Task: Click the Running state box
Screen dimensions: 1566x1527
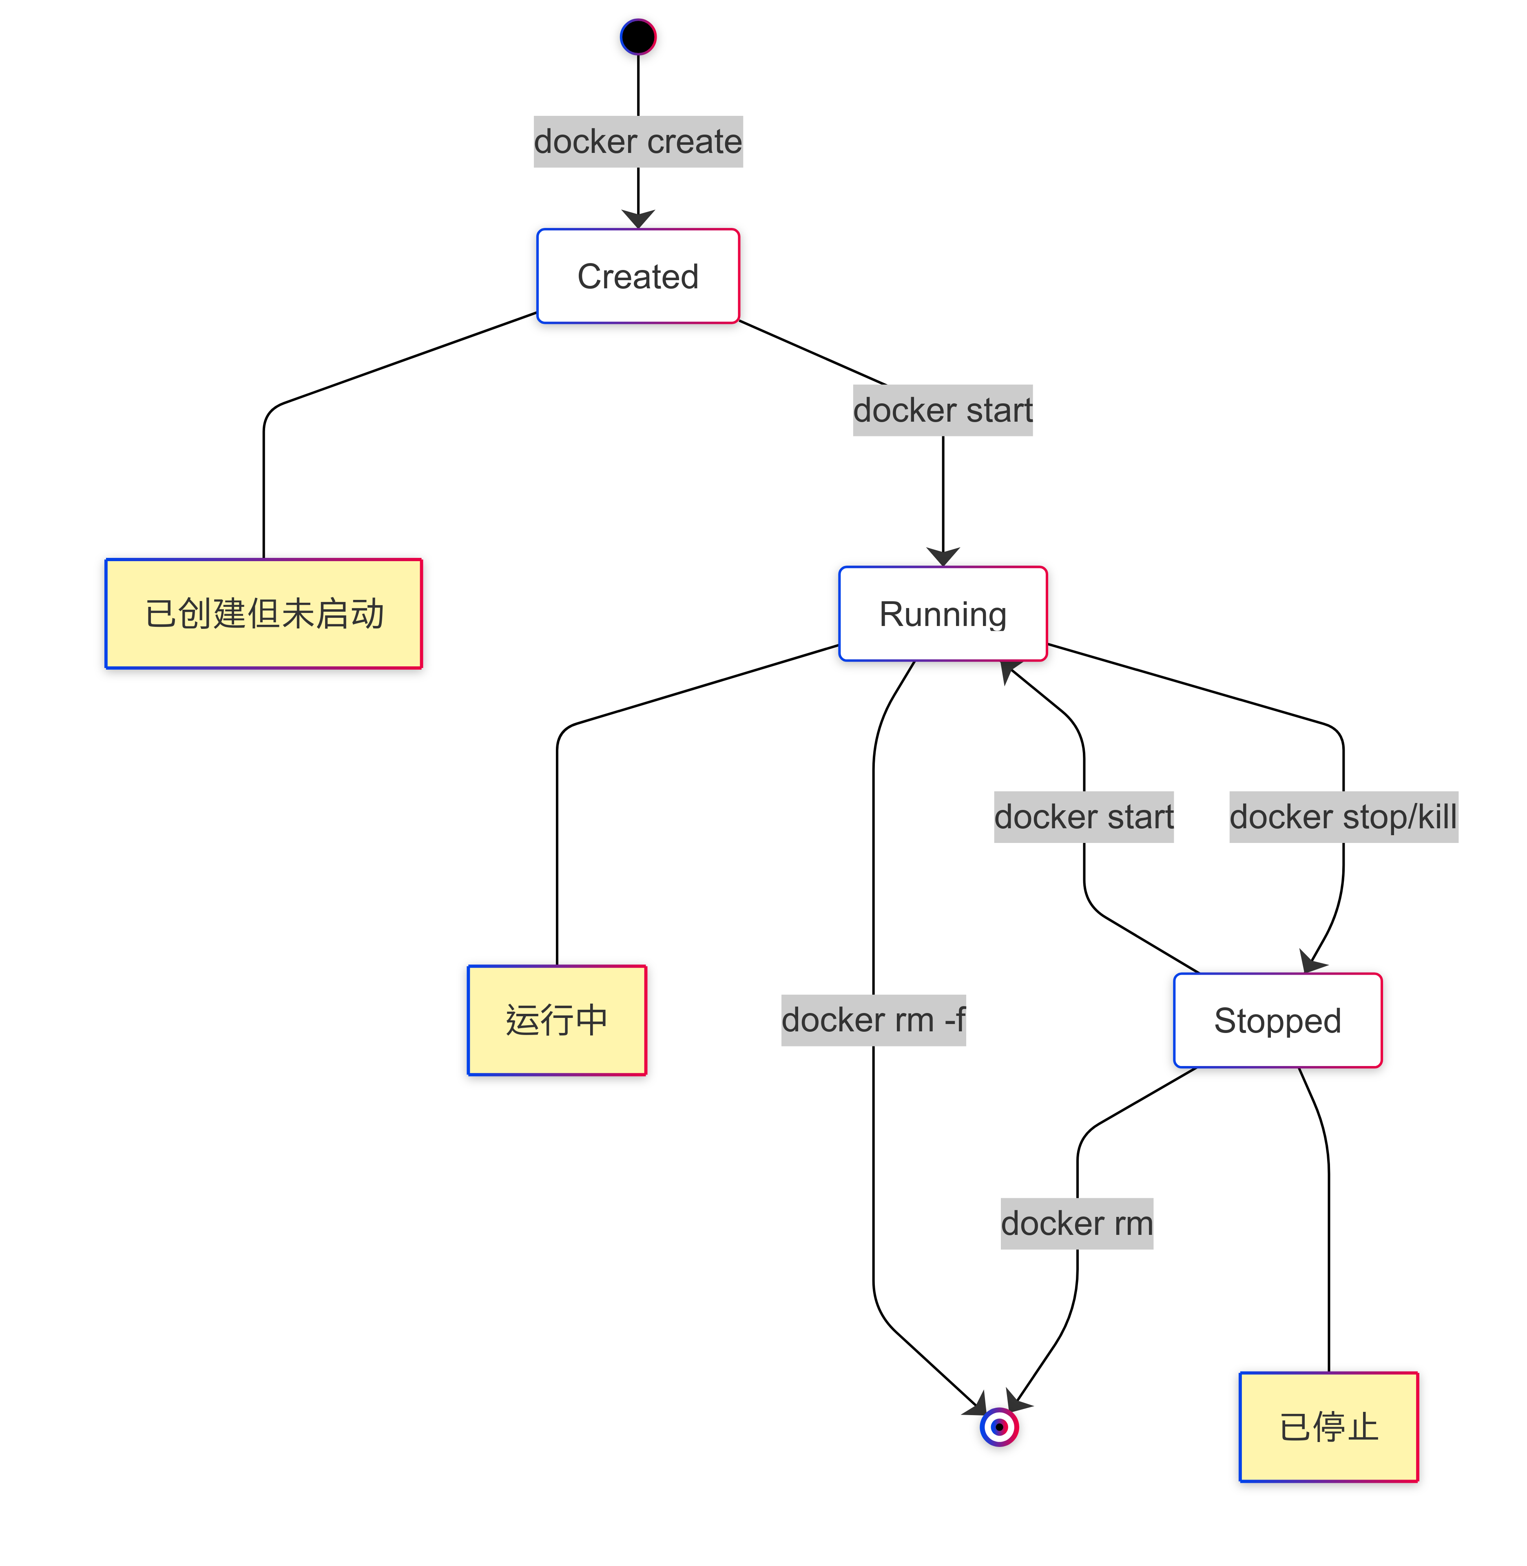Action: click(x=943, y=613)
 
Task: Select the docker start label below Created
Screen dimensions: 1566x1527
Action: click(x=943, y=411)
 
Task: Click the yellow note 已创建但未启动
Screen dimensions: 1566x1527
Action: click(x=264, y=613)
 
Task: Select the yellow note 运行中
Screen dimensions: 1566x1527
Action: click(x=557, y=1020)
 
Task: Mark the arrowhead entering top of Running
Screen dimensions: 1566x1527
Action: click(x=943, y=557)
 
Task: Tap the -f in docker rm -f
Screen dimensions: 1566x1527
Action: click(x=954, y=1020)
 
